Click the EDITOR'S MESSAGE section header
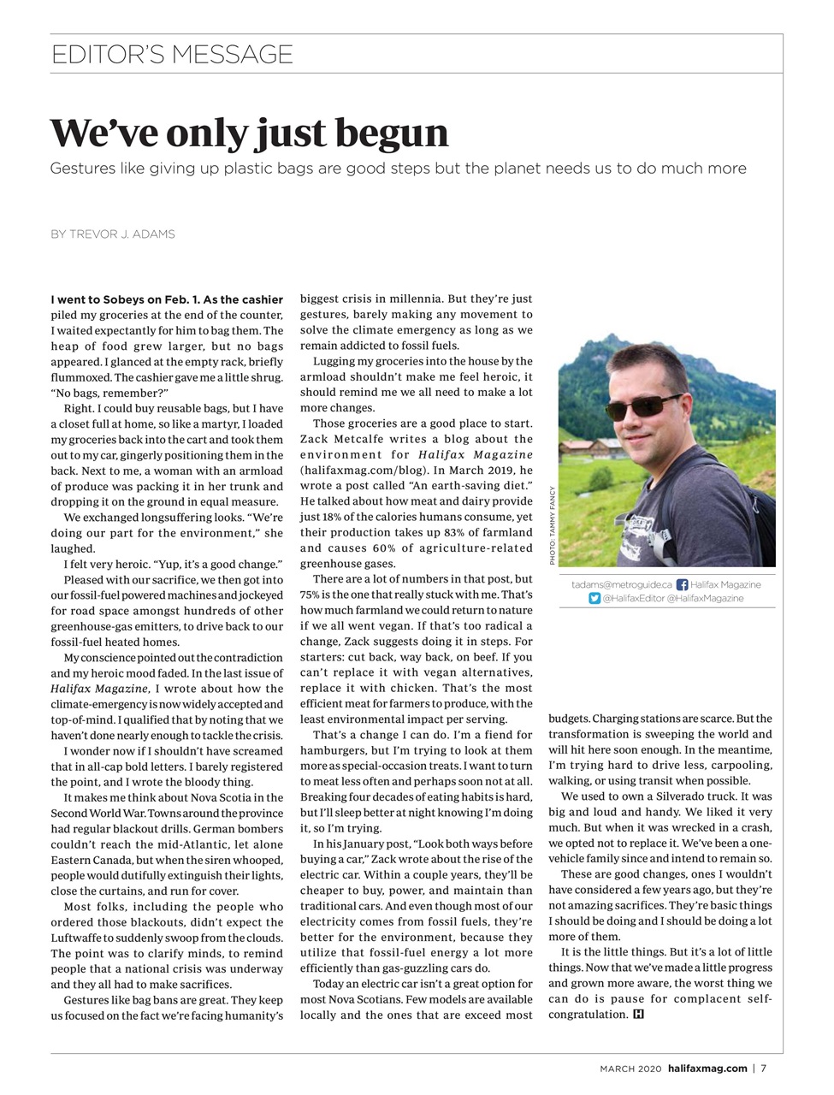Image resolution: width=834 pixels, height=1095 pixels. [171, 55]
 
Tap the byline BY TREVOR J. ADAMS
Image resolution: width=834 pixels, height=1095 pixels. [112, 234]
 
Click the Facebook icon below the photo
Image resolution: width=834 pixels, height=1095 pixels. [682, 584]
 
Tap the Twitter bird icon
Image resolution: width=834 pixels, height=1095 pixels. [594, 598]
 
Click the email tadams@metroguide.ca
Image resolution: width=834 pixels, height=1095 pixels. [621, 584]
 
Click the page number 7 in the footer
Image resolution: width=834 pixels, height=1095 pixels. [763, 1068]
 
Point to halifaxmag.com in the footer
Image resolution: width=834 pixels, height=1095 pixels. [707, 1068]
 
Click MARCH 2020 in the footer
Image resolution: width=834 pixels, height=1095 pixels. [630, 1068]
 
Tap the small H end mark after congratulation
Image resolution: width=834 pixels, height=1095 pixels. [638, 1015]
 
